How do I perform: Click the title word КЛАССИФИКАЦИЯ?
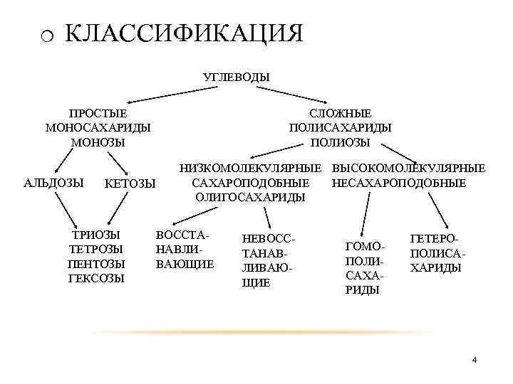(x=184, y=33)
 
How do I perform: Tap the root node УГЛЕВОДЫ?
(x=237, y=76)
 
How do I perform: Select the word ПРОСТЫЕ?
(x=98, y=114)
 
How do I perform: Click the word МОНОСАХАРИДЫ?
(x=98, y=128)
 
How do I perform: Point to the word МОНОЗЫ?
(x=98, y=142)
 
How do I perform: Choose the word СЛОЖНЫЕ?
(x=341, y=114)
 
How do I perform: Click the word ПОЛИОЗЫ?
(x=341, y=142)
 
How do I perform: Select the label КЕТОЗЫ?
(x=130, y=184)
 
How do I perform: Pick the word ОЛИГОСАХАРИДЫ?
(x=250, y=198)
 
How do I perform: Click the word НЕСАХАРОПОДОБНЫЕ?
(x=398, y=183)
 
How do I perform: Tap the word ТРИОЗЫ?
(x=95, y=235)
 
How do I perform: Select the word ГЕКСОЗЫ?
(x=95, y=277)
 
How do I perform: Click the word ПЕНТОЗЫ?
(x=95, y=263)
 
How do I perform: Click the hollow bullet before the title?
(x=47, y=36)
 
